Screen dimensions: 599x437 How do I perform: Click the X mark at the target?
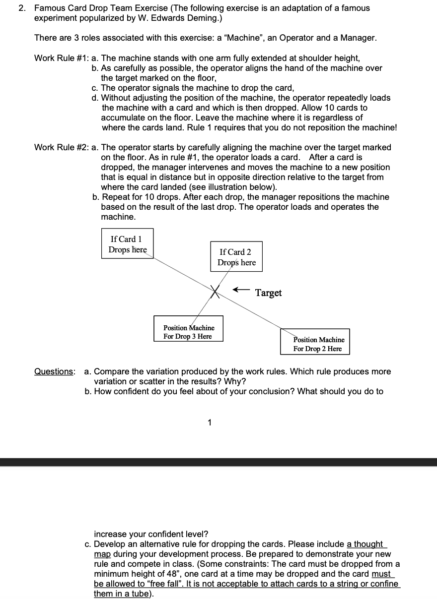[x=215, y=292]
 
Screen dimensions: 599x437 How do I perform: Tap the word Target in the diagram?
[x=268, y=293]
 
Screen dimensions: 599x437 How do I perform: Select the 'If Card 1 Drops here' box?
[x=128, y=243]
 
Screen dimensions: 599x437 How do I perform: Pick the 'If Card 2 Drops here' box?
[x=236, y=257]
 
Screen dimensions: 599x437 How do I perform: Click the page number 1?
[x=210, y=423]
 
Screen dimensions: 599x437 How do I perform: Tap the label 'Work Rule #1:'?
[x=61, y=58]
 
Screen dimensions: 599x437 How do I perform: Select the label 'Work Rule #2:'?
[x=61, y=147]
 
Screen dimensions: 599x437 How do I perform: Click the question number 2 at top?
[x=21, y=8]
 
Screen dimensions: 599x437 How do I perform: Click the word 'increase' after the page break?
[x=110, y=534]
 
